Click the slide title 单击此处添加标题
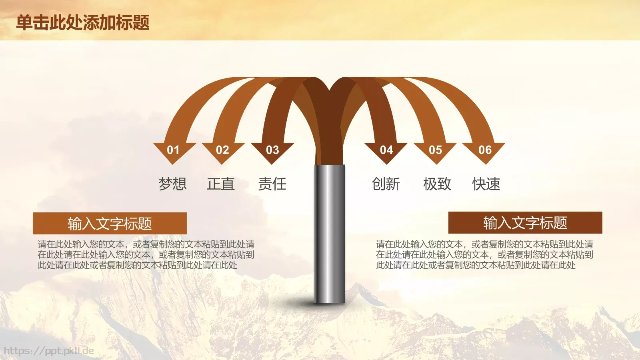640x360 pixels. coord(83,22)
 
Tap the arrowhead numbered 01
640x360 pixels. coord(174,151)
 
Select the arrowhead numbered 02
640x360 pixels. coord(223,151)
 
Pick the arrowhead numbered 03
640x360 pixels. coord(272,151)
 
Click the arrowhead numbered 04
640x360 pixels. coord(386,151)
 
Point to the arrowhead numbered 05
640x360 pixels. coord(435,151)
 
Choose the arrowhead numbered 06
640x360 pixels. coord(484,151)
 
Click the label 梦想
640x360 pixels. coord(172,184)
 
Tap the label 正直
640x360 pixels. coord(221,184)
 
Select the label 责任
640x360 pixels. coord(272,184)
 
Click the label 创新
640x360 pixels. coord(386,184)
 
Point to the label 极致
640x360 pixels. coord(437,184)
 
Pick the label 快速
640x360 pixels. coord(486,184)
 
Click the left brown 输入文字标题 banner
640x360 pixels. coord(110,223)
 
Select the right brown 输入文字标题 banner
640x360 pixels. coord(525,222)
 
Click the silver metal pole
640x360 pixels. coord(329,236)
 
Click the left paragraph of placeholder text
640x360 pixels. coord(146,255)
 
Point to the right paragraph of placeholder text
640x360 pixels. coord(484,255)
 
